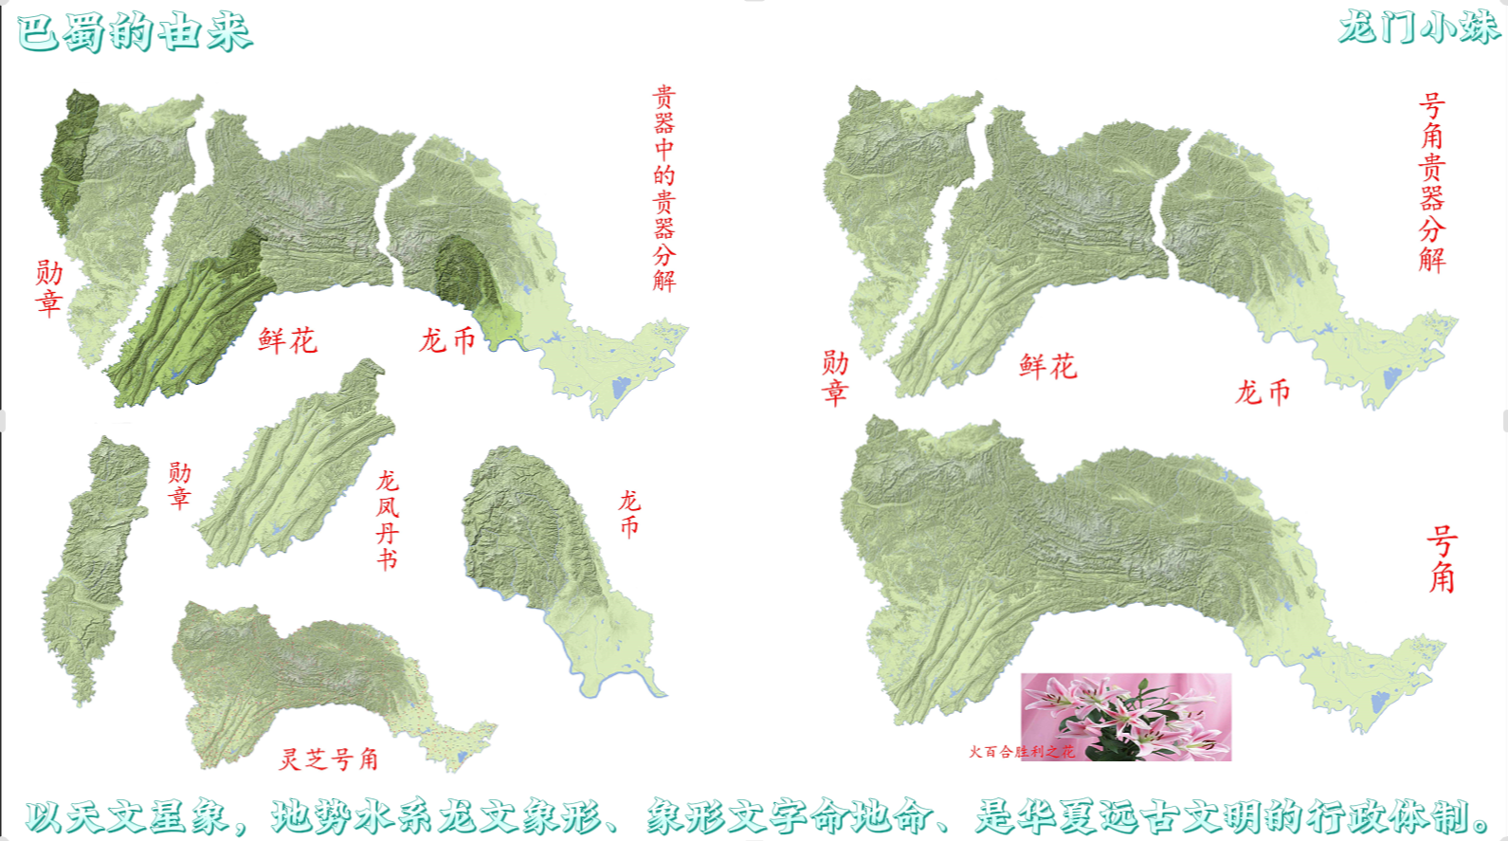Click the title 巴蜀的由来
click(x=135, y=32)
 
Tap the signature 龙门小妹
click(x=1418, y=27)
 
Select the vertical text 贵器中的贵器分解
click(x=663, y=188)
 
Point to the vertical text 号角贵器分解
click(x=1431, y=182)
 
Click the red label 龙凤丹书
click(x=387, y=520)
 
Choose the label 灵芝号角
click(x=329, y=759)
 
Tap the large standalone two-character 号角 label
click(x=1441, y=559)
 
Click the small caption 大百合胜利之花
click(x=1021, y=752)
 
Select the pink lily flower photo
click(x=1126, y=717)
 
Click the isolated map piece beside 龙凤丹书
click(x=296, y=469)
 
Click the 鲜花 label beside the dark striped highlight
click(x=287, y=340)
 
